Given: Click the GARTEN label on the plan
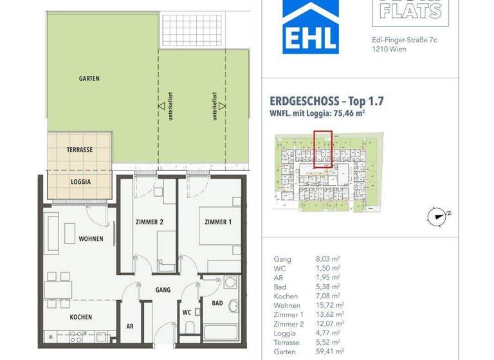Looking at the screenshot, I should click(89, 78).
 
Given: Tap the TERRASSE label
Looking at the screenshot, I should click(80, 149).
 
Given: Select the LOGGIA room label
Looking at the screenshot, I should click(80, 181).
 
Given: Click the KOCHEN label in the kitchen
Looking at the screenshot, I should click(81, 317).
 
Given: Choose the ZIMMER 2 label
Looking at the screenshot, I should click(149, 222).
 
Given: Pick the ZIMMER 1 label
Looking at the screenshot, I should click(217, 222).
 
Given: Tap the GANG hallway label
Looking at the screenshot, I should click(163, 290).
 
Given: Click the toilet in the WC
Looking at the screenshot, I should click(190, 328).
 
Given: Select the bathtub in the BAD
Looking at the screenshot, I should click(219, 334).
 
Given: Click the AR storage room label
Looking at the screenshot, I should click(130, 327).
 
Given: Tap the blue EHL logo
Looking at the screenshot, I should click(311, 26).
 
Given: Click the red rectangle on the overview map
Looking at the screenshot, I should click(323, 149).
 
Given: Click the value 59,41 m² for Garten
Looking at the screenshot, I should click(331, 352).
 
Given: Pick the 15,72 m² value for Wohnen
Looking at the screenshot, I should click(331, 305).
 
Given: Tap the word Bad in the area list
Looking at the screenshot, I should click(280, 287).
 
